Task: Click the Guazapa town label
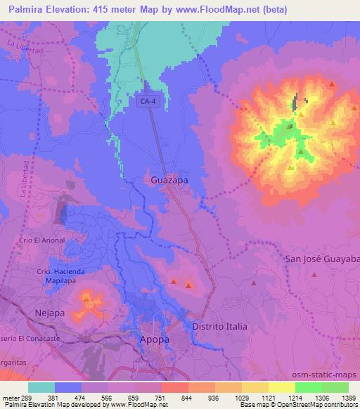click(169, 181)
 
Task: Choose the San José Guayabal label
click(322, 259)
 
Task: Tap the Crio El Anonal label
click(42, 240)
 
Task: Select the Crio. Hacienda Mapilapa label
click(61, 275)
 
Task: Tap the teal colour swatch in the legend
click(41, 387)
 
